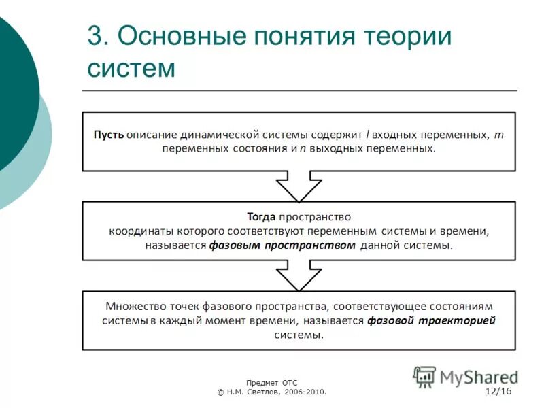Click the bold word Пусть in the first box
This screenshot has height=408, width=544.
pyautogui.click(x=108, y=134)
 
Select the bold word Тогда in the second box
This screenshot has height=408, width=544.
pyautogui.click(x=261, y=217)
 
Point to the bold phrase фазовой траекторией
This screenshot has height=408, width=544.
pyautogui.click(x=431, y=320)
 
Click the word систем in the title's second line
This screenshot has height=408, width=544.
pyautogui.click(x=132, y=68)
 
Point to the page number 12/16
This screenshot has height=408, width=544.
pyautogui.click(x=498, y=392)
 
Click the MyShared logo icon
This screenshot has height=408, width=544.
pyautogui.click(x=425, y=376)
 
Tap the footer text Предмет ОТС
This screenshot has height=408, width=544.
pyautogui.click(x=272, y=383)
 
